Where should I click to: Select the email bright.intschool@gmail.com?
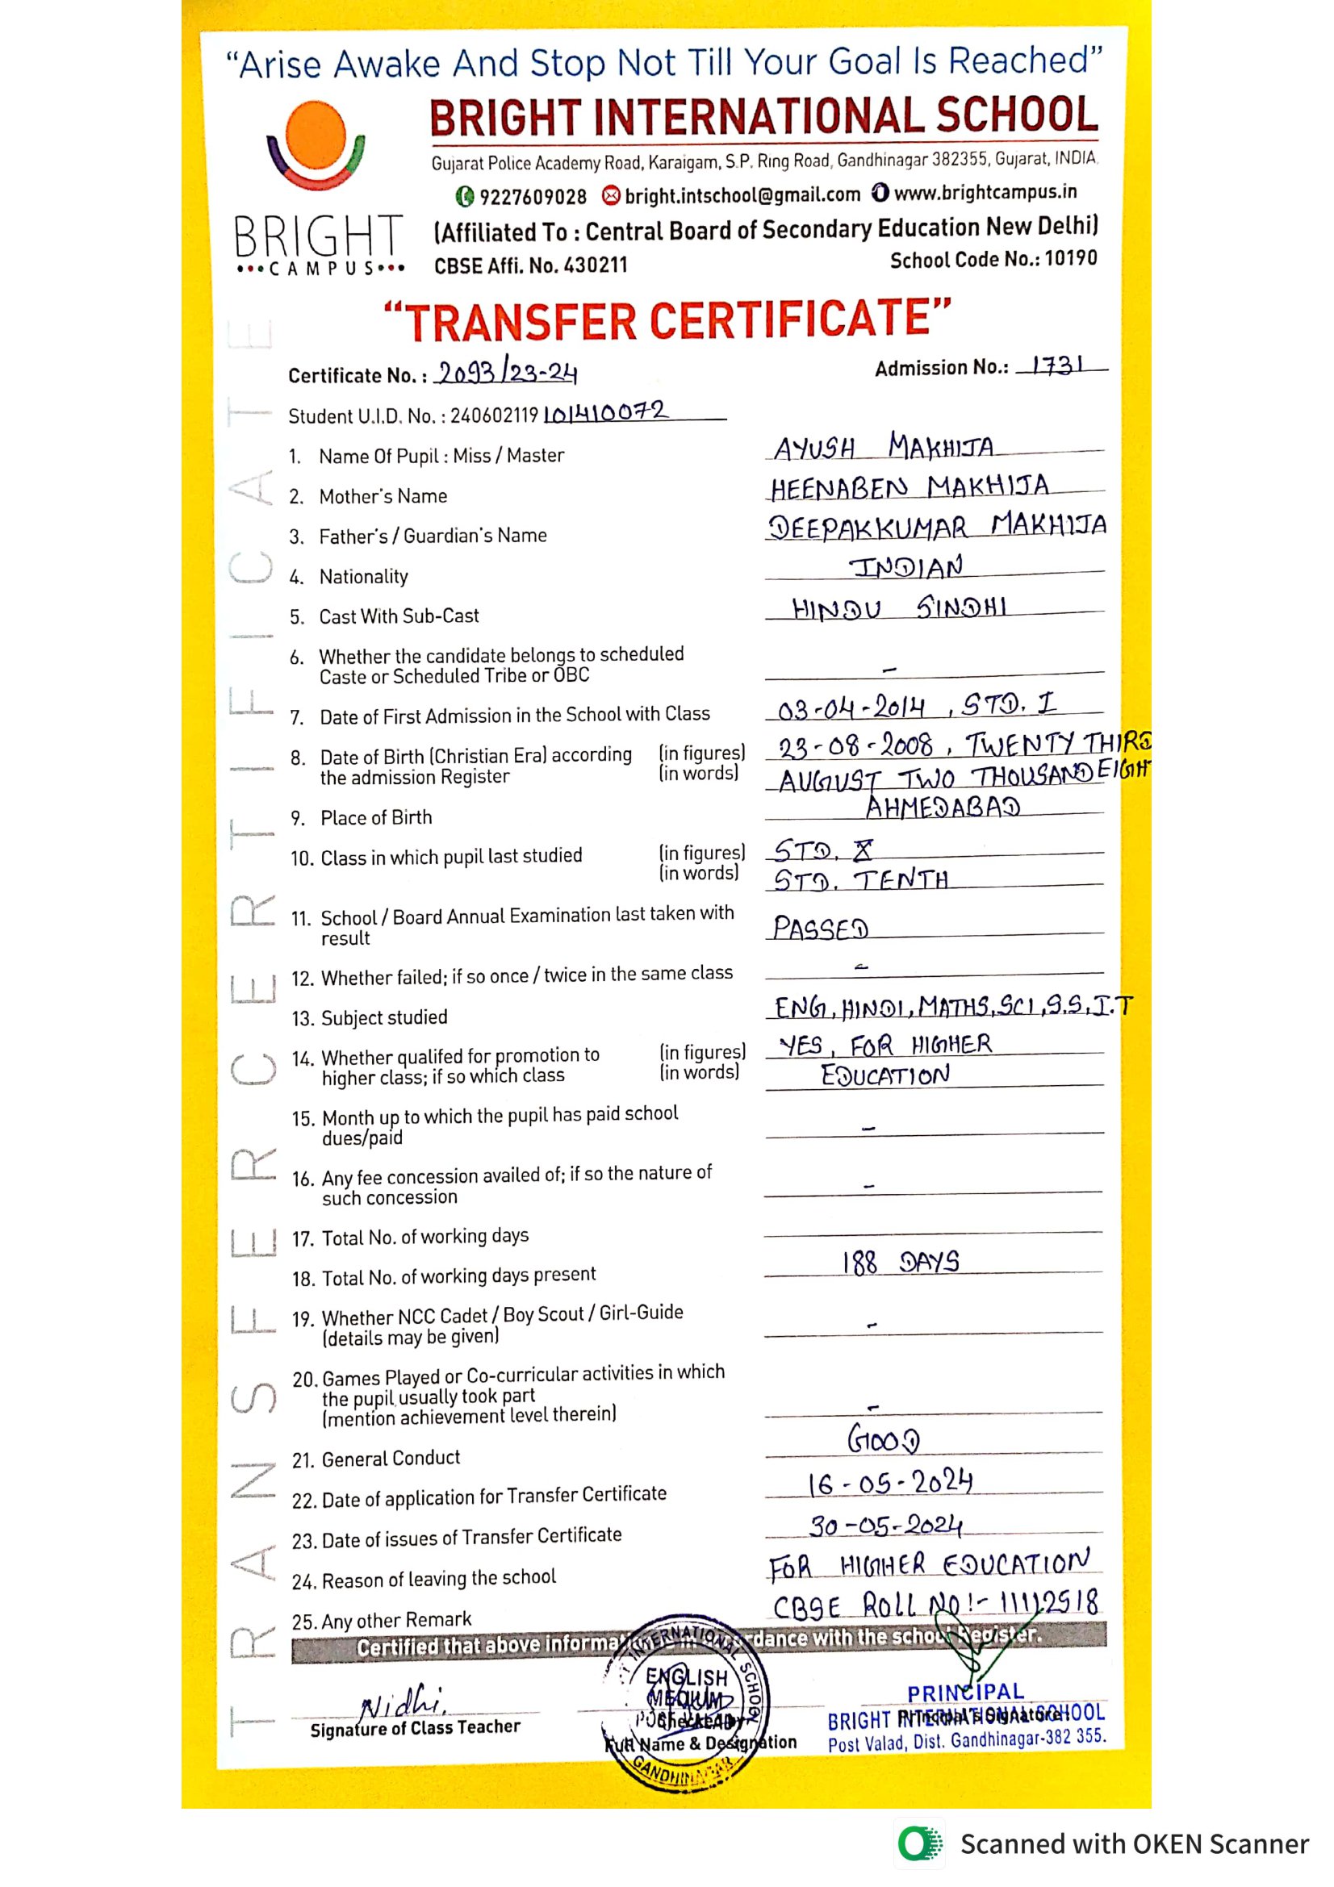[x=742, y=195]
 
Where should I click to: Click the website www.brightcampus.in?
[x=985, y=192]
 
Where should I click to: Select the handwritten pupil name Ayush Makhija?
[x=884, y=447]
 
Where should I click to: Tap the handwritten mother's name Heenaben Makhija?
[x=909, y=487]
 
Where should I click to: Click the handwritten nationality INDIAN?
[x=905, y=567]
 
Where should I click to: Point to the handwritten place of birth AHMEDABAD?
[x=943, y=807]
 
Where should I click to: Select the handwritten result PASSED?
[x=820, y=929]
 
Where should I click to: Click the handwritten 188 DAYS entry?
[x=900, y=1262]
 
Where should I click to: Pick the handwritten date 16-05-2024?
[x=890, y=1483]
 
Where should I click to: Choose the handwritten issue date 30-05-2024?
[x=885, y=1526]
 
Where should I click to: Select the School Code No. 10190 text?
[x=993, y=260]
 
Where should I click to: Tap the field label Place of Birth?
[x=375, y=818]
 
